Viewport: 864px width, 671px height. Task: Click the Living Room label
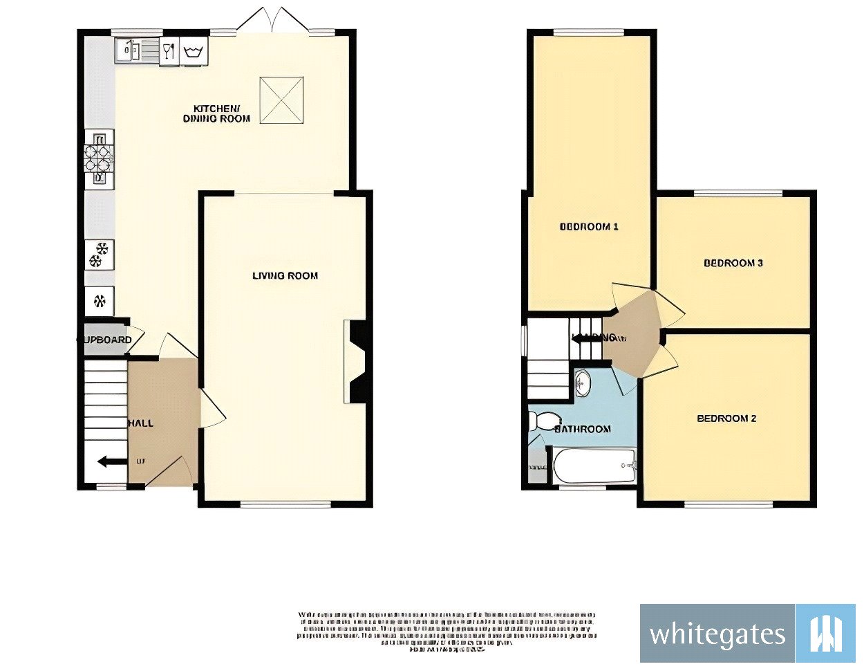(x=285, y=275)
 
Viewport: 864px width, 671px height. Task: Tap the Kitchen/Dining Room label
(x=216, y=113)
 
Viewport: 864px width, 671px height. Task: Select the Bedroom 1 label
(x=588, y=226)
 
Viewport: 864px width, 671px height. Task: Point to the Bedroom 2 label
(x=726, y=419)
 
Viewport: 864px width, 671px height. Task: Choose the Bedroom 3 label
(x=733, y=263)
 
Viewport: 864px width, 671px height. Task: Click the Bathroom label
(x=583, y=429)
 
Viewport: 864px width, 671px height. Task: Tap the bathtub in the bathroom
(x=593, y=466)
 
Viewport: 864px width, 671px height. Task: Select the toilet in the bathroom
(x=545, y=420)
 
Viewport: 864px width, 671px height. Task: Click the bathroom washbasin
(x=582, y=383)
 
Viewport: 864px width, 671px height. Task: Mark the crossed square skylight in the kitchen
(x=281, y=100)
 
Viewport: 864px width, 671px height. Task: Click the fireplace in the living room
(x=355, y=361)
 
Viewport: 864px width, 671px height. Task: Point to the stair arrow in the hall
(x=111, y=461)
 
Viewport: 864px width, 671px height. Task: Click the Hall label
(x=141, y=423)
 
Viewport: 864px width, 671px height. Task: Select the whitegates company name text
(x=717, y=634)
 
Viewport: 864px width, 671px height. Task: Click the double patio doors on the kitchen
(x=272, y=21)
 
